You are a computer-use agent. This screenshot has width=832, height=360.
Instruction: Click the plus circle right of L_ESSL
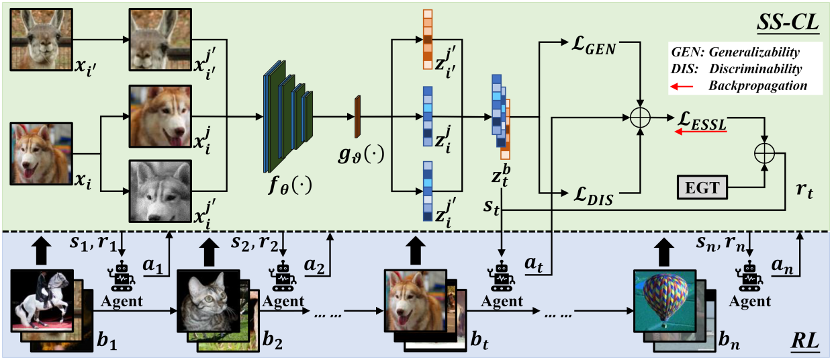click(x=764, y=153)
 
